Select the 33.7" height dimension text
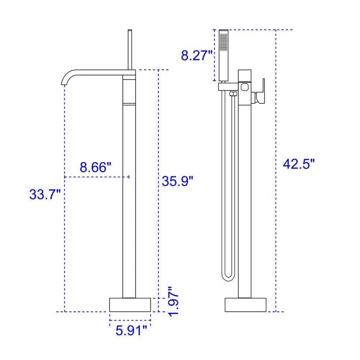click(45, 194)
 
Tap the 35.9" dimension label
click(178, 181)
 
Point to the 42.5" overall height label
click(299, 164)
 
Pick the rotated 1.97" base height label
click(174, 301)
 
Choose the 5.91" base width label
click(131, 330)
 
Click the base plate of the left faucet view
click(130, 305)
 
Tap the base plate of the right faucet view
click(246, 305)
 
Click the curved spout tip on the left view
click(63, 84)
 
